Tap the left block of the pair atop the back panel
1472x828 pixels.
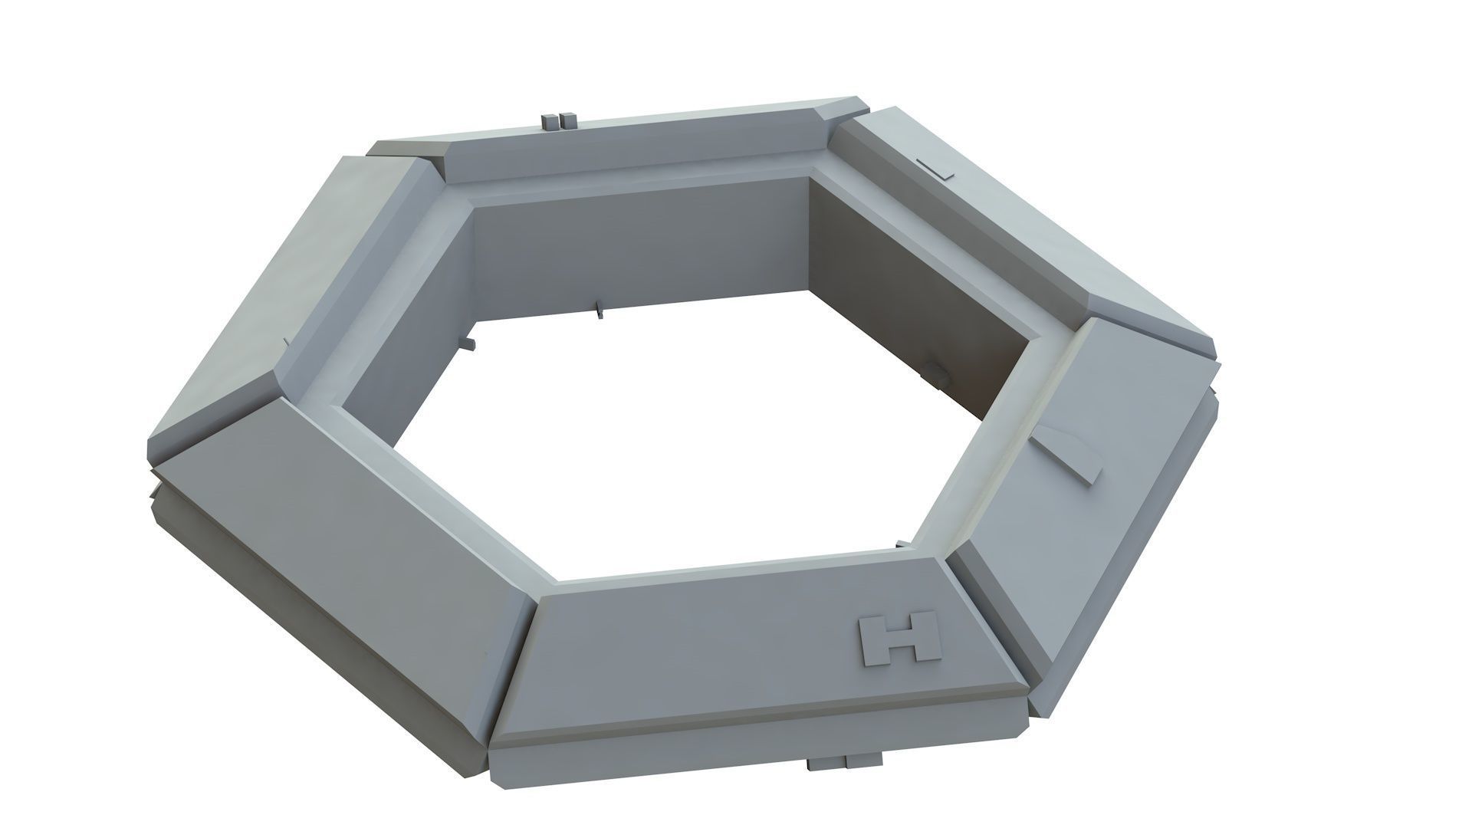click(550, 121)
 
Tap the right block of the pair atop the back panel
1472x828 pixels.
click(568, 120)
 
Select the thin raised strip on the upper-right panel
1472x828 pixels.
click(936, 169)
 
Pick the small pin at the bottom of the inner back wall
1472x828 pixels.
click(599, 310)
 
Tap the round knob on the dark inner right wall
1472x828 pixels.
click(938, 373)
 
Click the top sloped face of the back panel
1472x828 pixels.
click(613, 149)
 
